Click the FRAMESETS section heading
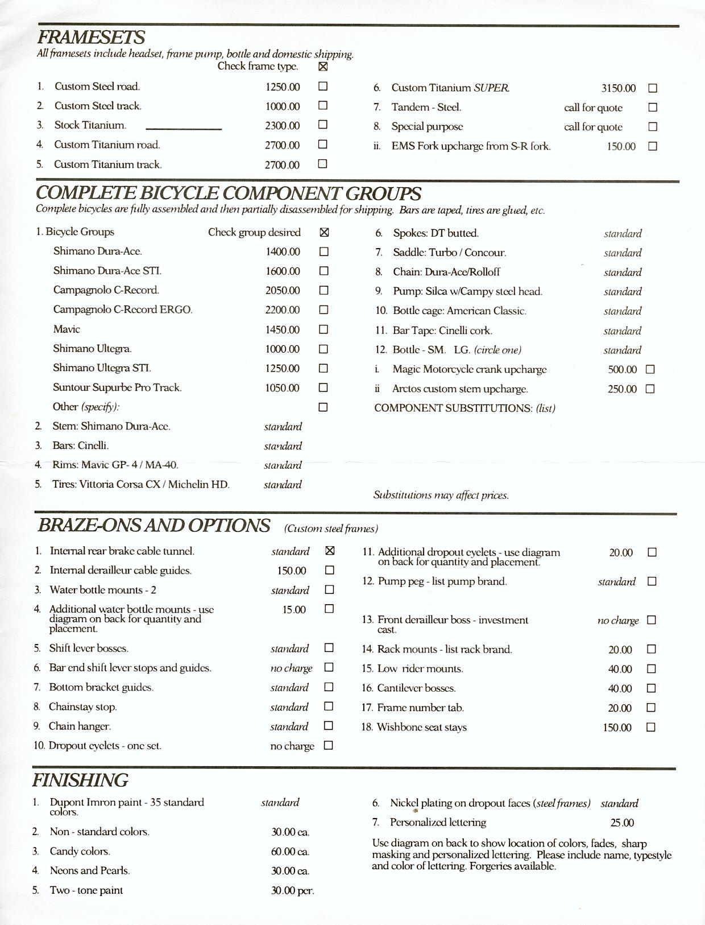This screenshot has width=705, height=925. coord(91,38)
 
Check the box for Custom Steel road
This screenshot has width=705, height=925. coord(323,86)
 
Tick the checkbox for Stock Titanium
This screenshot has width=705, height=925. coord(323,125)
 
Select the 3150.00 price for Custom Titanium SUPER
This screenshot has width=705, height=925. coord(619,88)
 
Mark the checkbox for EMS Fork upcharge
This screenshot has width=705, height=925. coord(653,146)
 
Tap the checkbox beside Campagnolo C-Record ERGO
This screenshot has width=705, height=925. coord(324,310)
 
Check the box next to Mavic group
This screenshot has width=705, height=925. coord(324,329)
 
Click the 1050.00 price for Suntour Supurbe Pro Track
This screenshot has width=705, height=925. coord(283,388)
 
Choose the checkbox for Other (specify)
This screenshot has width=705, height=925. coord(323,407)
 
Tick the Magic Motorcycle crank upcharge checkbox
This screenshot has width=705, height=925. coord(650,369)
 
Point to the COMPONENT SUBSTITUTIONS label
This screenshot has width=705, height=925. coord(465,408)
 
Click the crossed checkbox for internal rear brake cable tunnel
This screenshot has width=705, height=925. coord(329,551)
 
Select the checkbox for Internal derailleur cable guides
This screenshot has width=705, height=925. coord(329,570)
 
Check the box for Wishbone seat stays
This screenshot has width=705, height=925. coord(652,727)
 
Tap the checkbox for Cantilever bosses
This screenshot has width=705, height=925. coord(652,688)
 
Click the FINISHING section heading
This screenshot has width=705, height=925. coord(80,780)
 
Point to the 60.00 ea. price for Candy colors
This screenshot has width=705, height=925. coord(290,852)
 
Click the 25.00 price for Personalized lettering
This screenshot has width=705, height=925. coord(622,823)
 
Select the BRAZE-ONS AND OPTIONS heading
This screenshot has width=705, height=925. coord(154,525)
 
